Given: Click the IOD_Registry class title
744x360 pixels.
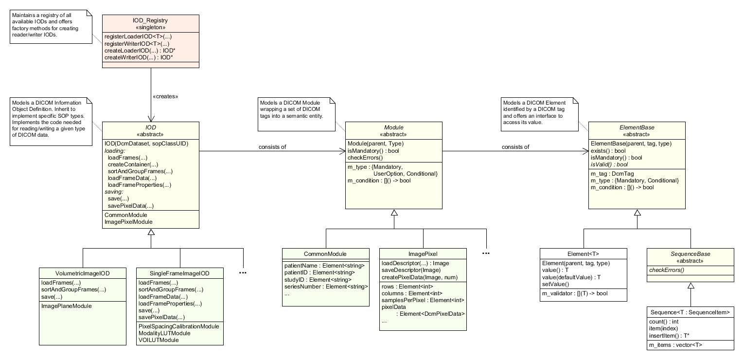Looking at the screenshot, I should click(151, 21).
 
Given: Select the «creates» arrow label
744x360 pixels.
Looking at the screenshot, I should click(166, 96).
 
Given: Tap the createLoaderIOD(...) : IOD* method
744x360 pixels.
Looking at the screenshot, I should click(139, 51).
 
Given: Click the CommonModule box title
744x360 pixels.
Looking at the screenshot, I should click(325, 254).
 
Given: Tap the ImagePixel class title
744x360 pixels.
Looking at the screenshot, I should click(423, 254).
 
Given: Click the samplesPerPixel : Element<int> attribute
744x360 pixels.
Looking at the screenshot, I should click(423, 300).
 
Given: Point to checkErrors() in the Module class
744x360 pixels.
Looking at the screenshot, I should click(365, 158).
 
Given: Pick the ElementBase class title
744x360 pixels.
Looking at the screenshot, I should click(637, 127).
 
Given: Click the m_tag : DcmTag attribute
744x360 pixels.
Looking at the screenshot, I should click(612, 174).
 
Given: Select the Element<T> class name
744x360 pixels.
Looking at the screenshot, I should click(583, 254).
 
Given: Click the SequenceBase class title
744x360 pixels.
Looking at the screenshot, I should click(690, 254).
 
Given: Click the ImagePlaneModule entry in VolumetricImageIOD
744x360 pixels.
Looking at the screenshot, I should click(67, 306).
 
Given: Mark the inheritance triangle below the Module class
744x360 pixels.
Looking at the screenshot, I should click(394, 213).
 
